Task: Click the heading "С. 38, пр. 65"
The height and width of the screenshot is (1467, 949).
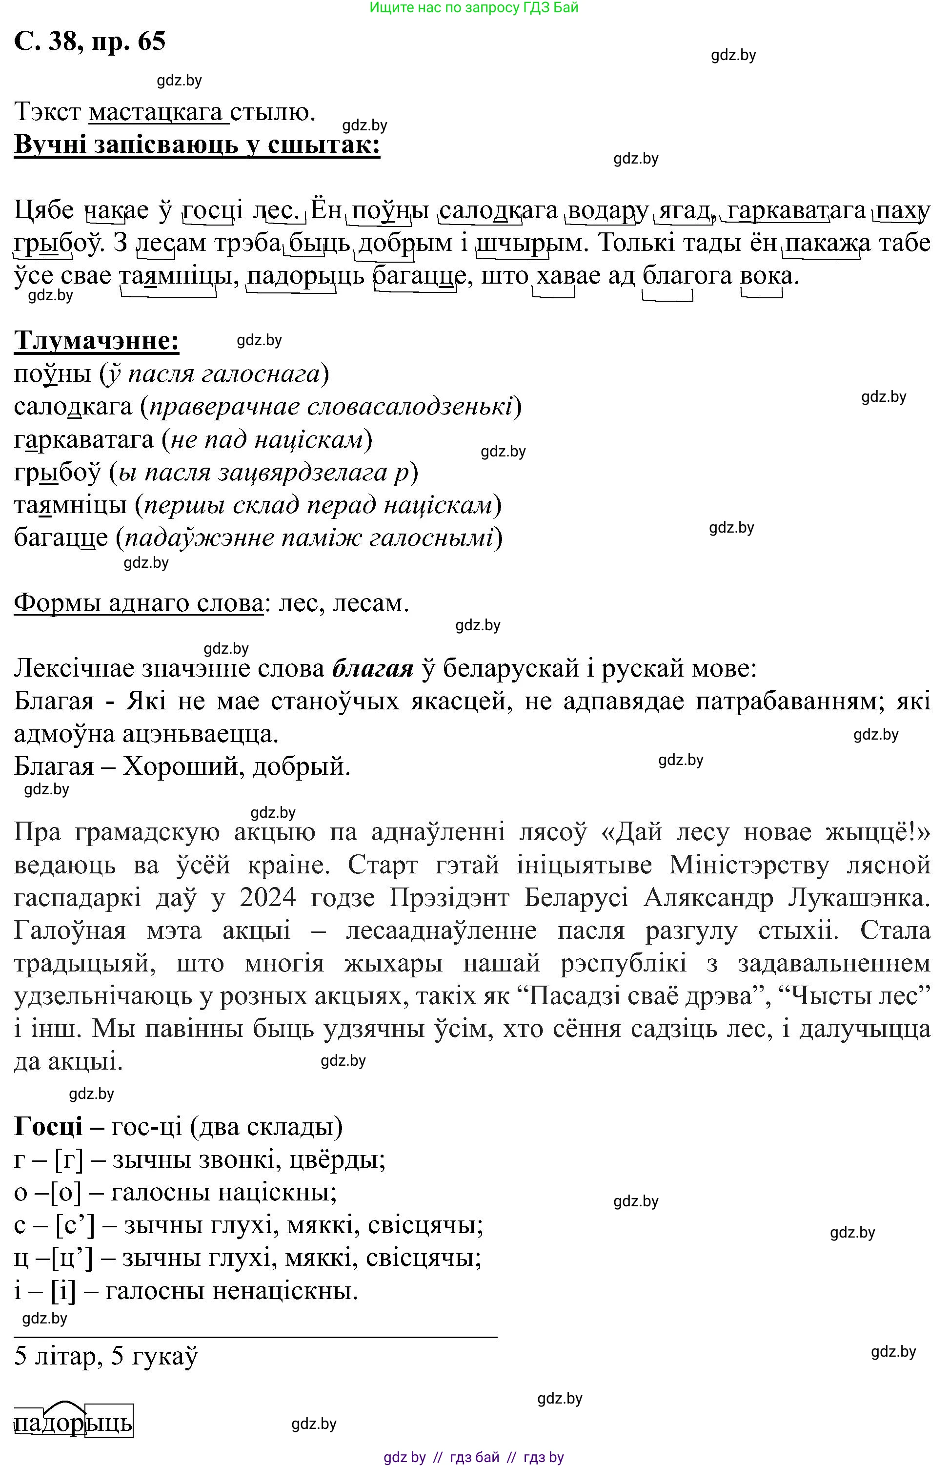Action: tap(90, 41)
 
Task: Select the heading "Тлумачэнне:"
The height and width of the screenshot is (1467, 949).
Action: tap(97, 340)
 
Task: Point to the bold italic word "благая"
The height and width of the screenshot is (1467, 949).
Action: tap(372, 668)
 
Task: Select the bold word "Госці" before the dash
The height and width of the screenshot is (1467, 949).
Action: tap(48, 1127)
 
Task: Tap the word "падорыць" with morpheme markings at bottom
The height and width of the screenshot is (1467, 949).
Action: tap(73, 1423)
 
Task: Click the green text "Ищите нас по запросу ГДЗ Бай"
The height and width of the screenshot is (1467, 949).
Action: tap(473, 8)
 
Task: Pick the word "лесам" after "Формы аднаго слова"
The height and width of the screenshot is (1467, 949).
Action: tap(370, 603)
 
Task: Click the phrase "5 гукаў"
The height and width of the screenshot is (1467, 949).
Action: tap(155, 1356)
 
